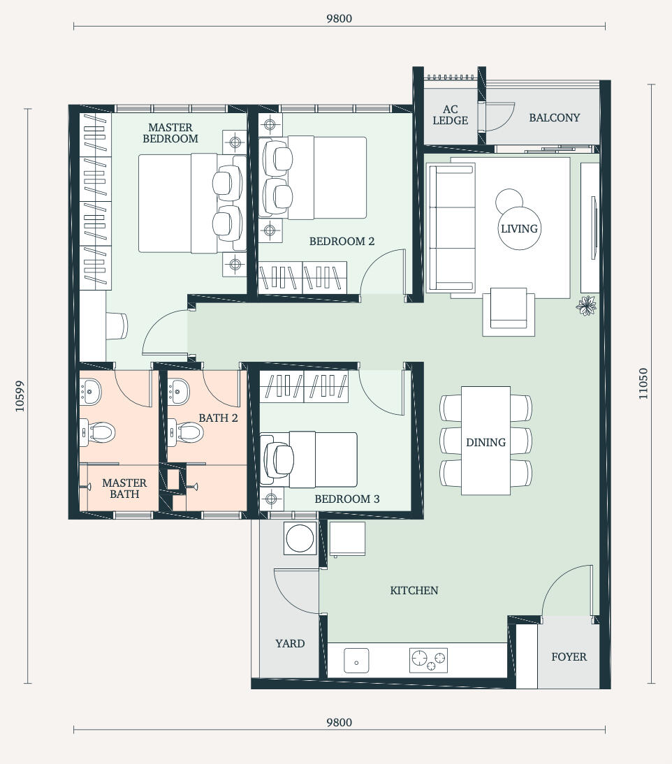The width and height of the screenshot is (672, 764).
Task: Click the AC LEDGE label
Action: [x=451, y=115]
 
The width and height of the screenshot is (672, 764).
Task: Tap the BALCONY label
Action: [x=555, y=118]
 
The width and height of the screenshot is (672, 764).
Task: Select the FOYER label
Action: [x=569, y=657]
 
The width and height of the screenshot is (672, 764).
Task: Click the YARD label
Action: [x=290, y=644]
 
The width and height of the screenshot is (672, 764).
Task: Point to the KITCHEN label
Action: [x=414, y=591]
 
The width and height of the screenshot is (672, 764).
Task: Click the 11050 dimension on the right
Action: [x=643, y=383]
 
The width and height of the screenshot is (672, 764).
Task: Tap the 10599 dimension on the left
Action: [x=20, y=396]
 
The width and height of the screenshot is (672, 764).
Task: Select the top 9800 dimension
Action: [x=339, y=19]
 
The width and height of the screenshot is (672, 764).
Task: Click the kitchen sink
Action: [x=356, y=661]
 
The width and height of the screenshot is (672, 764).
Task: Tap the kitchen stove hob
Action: [x=428, y=661]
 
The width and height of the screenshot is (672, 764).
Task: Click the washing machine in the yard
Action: [x=300, y=538]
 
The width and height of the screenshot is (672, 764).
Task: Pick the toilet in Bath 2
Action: [x=186, y=432]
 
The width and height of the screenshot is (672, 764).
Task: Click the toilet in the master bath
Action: [x=98, y=432]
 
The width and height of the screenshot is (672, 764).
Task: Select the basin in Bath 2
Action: [x=178, y=392]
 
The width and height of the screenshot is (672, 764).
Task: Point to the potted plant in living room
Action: [x=586, y=305]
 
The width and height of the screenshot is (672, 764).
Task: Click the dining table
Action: [x=486, y=441]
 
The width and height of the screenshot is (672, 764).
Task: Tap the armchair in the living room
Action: [x=509, y=312]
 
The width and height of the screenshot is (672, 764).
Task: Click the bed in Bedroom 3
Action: [x=309, y=460]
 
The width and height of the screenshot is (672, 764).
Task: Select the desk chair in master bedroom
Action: [x=117, y=326]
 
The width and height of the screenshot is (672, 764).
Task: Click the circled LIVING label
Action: [x=520, y=228]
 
